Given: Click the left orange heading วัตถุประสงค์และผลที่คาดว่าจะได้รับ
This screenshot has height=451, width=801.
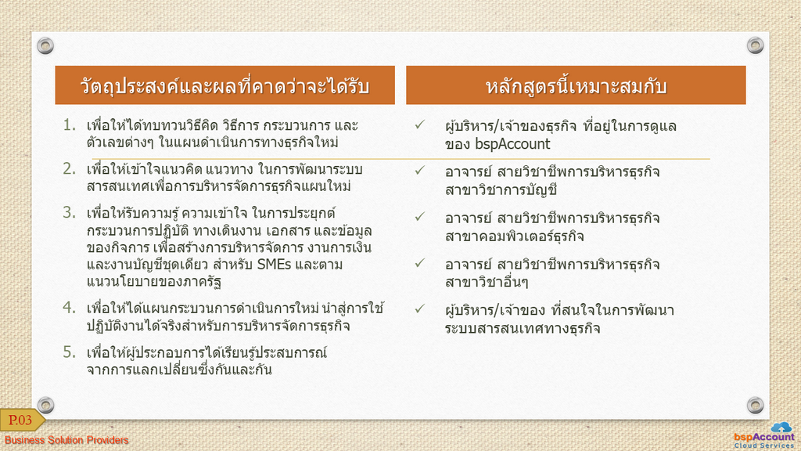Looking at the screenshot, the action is click(224, 85).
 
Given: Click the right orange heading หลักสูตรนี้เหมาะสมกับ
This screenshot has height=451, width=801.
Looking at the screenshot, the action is click(576, 85).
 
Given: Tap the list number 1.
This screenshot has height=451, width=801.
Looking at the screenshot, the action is click(70, 125).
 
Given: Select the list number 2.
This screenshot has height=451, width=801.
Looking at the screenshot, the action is click(70, 169).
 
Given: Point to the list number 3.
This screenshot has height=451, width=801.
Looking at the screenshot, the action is click(70, 213).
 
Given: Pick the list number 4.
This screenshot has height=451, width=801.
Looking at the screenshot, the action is click(70, 308).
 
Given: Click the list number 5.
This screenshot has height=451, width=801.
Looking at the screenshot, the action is click(70, 352).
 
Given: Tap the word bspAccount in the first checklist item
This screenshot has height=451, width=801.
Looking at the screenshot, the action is click(512, 144).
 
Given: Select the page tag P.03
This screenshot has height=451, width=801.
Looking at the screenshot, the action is click(20, 420).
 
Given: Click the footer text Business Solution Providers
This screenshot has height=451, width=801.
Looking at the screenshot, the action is click(66, 440).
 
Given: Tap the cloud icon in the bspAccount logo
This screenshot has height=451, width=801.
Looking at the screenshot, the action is click(781, 427).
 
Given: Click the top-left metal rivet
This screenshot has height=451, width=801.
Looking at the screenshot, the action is click(45, 45).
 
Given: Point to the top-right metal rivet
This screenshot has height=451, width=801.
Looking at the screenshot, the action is click(755, 45).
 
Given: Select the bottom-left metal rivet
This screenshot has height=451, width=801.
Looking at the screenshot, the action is click(45, 405).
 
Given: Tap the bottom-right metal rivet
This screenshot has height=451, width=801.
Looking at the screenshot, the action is click(755, 405).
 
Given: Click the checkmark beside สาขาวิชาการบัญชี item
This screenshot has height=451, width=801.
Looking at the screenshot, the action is click(420, 170).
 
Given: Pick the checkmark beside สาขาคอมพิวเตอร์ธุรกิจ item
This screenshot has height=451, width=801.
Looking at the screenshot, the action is click(420, 217).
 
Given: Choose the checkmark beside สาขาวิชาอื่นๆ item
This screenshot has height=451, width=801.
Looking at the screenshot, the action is click(420, 263).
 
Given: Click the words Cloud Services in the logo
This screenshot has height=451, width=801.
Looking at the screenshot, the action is click(764, 446).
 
